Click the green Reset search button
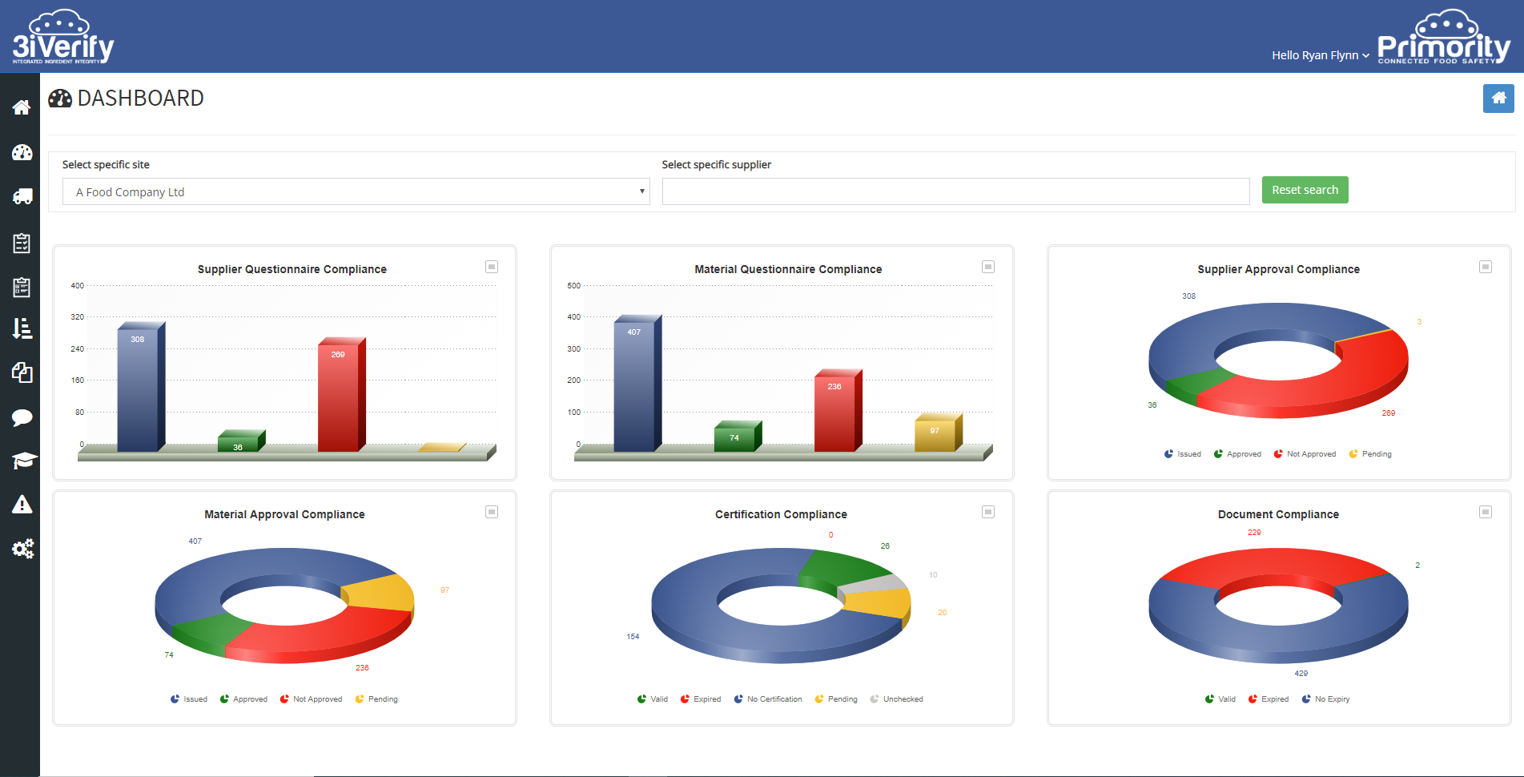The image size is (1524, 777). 1305,190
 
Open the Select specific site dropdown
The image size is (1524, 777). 356,192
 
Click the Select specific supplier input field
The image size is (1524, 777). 955,192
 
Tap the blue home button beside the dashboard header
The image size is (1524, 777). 1498,99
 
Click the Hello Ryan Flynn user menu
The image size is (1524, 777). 1320,55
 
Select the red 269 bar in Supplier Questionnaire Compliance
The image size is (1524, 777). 340,397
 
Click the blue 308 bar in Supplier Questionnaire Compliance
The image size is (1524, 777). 139,388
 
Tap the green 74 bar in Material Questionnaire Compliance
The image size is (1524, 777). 736,437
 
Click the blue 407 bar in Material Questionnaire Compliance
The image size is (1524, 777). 636,384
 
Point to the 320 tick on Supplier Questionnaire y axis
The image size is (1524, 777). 78,317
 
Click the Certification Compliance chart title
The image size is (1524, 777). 781,514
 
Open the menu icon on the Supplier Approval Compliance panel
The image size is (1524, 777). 1485,267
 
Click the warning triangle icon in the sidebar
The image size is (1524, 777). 22,505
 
